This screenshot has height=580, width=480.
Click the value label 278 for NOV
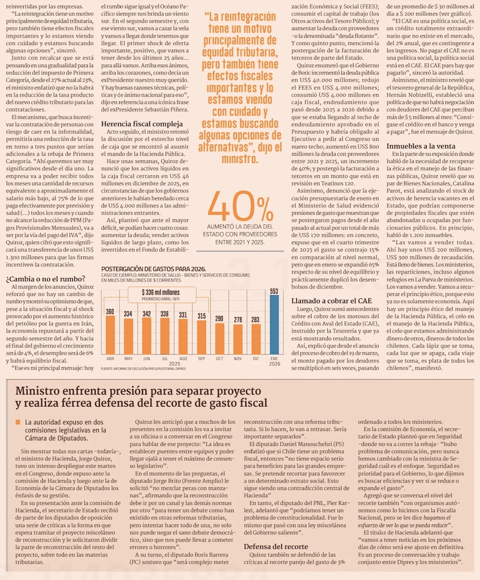(238, 320)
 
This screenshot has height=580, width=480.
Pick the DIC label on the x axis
(256, 358)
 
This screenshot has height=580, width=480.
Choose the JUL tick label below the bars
(165, 358)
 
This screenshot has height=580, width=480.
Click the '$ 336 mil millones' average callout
(161, 292)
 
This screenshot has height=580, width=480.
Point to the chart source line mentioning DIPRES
(143, 369)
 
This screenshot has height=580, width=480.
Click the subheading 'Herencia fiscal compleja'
(142, 123)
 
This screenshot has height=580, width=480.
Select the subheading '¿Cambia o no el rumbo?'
(46, 278)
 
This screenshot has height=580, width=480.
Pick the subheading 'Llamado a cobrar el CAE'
(332, 301)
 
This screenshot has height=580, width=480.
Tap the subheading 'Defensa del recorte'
(276, 546)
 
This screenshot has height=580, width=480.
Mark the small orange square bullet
(18, 422)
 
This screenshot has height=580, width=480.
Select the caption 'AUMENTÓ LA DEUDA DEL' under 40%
(240, 226)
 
